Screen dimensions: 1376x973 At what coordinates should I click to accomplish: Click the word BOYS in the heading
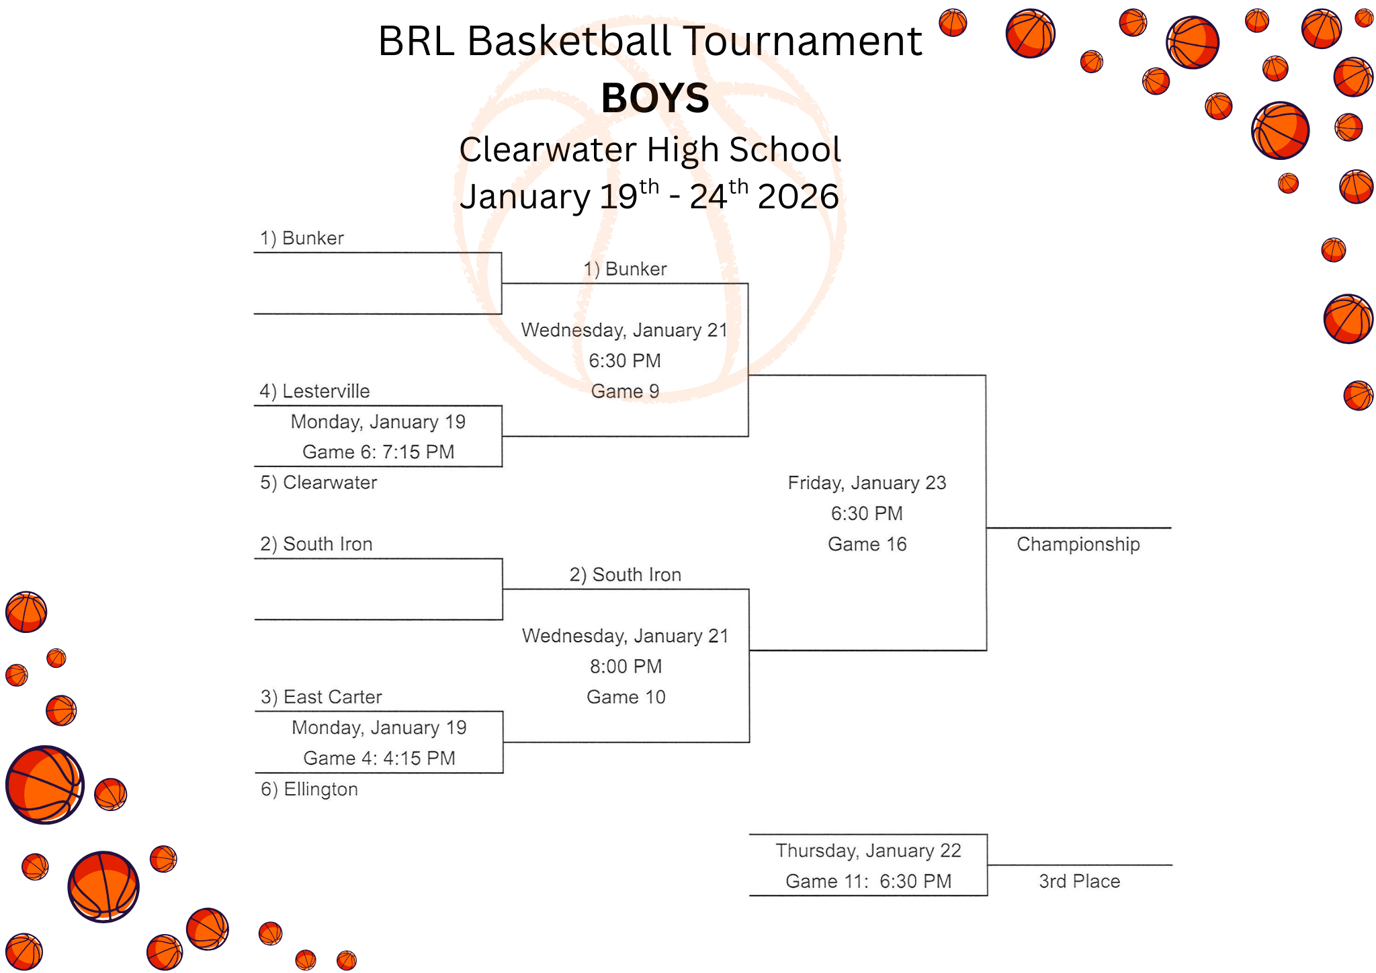coord(654,98)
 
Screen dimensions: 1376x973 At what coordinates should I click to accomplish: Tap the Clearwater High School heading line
coord(650,149)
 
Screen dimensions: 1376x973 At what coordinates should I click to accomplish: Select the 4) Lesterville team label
coord(314,391)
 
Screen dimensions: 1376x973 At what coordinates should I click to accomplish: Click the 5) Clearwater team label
coord(318,482)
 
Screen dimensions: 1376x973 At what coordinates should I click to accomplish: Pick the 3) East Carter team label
coord(321,697)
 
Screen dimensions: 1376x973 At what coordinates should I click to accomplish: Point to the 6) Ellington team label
coord(309,789)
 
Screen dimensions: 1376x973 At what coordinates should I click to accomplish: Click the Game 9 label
coord(625,391)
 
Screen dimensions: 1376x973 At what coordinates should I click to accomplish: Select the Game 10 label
coord(626,697)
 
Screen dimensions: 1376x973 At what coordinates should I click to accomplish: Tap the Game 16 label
coord(867,544)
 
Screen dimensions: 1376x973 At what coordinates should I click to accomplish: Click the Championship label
coord(1078,544)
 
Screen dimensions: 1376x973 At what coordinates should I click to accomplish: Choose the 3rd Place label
coord(1079,881)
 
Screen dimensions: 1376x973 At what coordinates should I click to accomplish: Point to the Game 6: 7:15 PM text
coord(378,452)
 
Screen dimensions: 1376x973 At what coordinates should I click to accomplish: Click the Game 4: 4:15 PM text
coord(379,758)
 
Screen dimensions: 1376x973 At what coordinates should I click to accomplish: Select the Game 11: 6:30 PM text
coord(868,881)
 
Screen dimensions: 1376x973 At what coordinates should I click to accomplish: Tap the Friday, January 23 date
coord(867,483)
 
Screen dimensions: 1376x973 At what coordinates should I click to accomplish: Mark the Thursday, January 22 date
coord(868,851)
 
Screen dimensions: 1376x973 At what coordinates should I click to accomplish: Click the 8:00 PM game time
coord(626,667)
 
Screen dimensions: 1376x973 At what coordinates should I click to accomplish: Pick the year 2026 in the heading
coord(798,197)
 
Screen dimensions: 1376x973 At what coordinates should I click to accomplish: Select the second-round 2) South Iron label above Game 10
coord(625,575)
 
